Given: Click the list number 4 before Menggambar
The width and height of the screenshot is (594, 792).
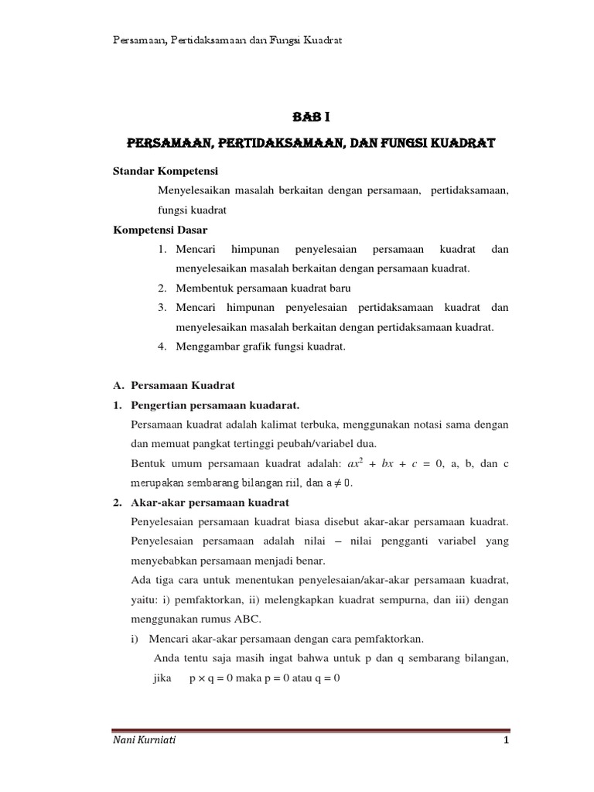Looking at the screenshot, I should pos(162,346).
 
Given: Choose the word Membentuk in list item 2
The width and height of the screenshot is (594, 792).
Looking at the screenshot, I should pos(201,288).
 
